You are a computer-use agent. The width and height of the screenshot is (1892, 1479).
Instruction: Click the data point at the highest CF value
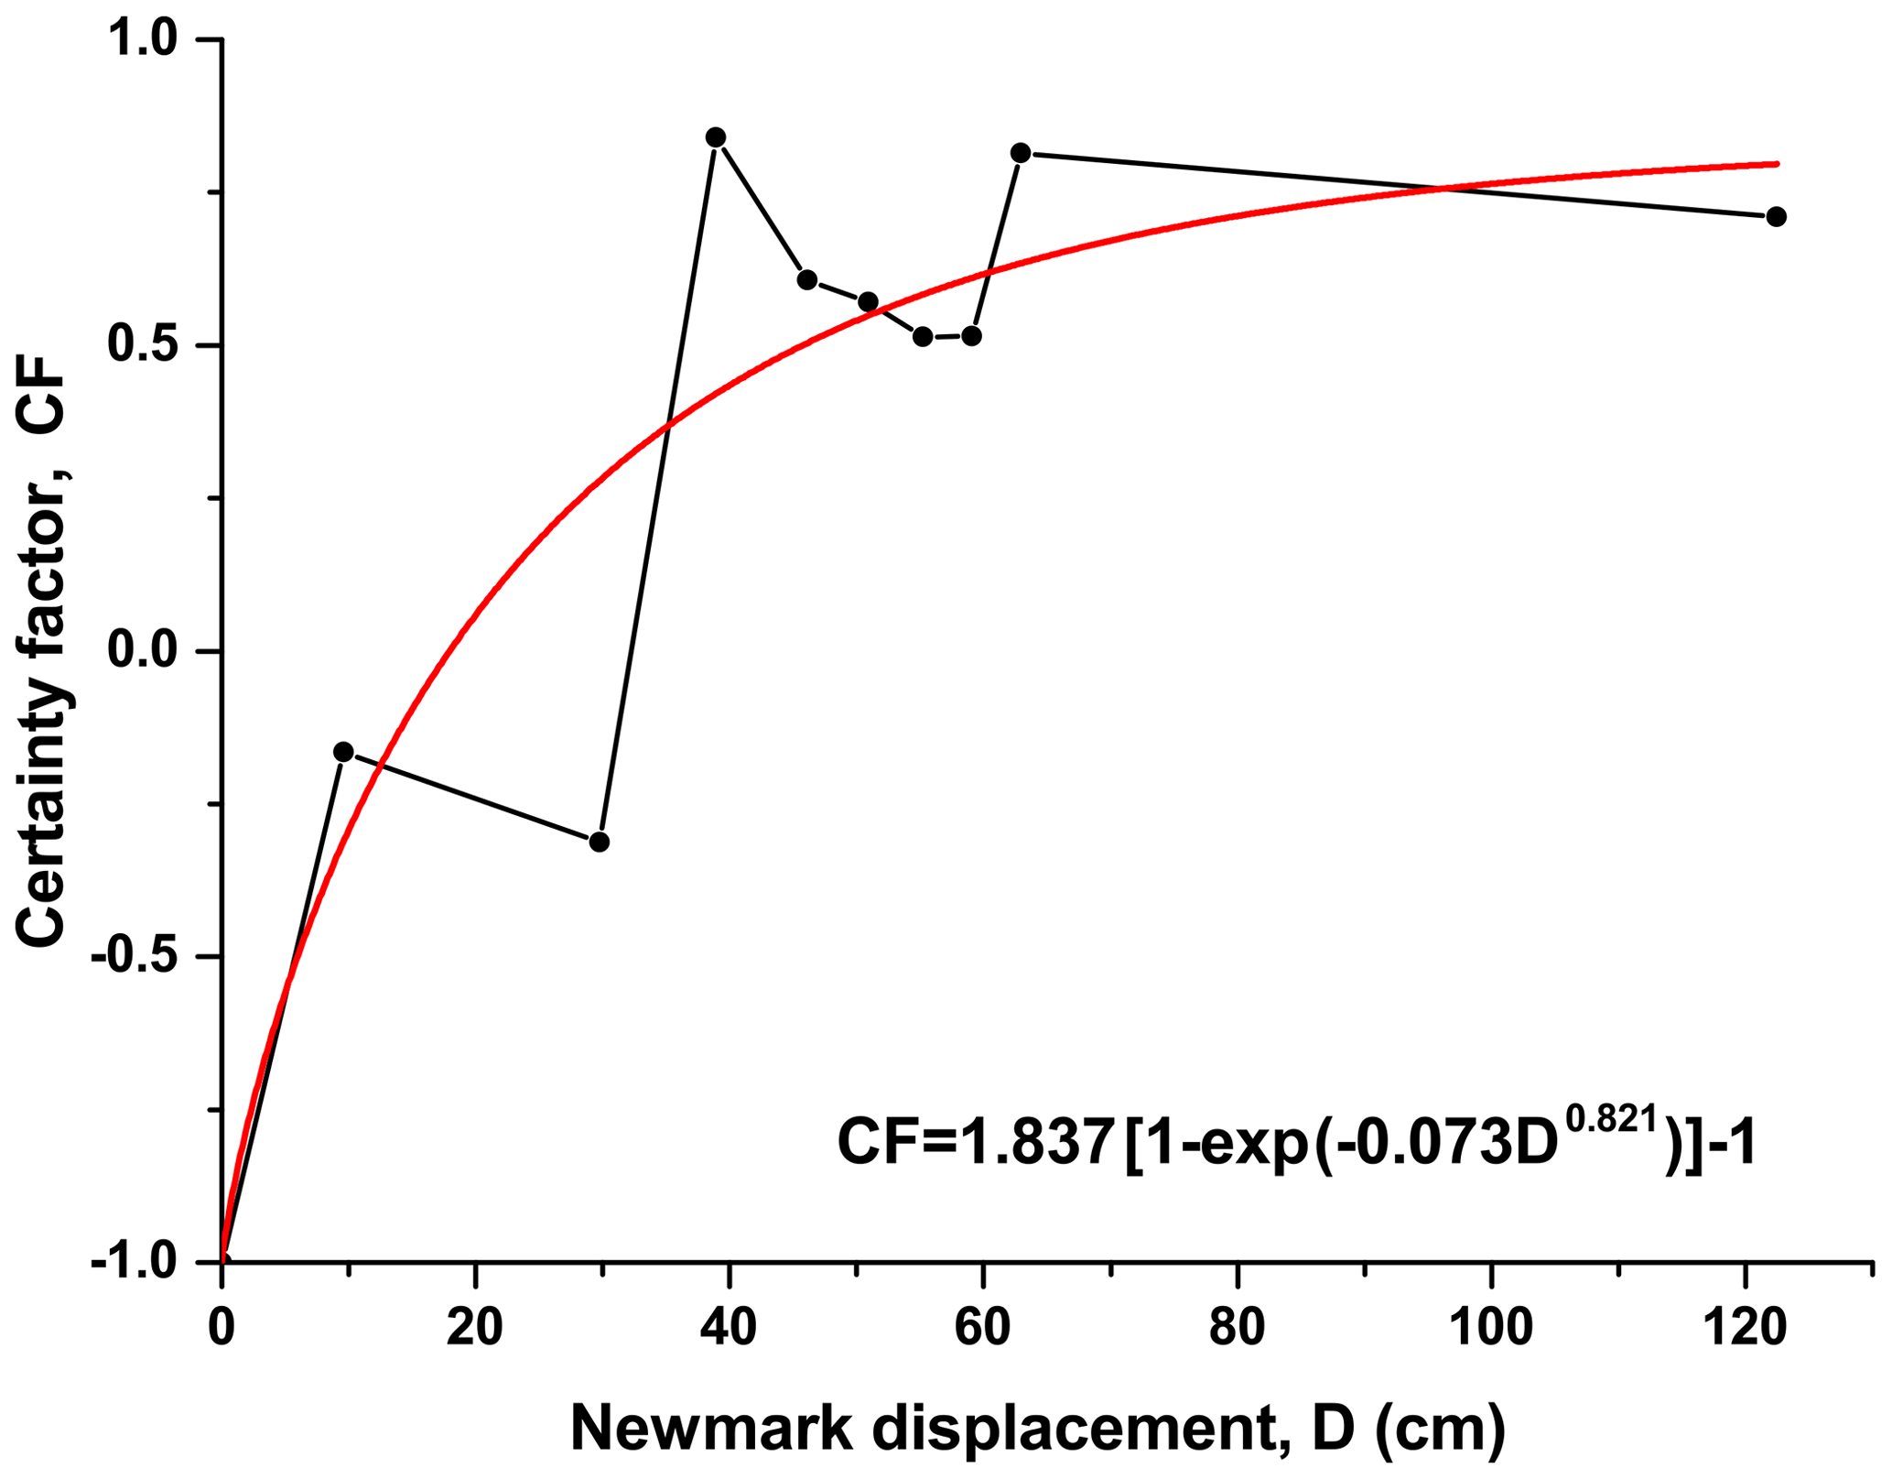pyautogui.click(x=716, y=137)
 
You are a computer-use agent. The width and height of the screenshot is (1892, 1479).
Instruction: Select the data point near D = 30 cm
pyautogui.click(x=600, y=842)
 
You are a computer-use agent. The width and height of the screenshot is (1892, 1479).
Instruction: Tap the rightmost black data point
pyautogui.click(x=1777, y=217)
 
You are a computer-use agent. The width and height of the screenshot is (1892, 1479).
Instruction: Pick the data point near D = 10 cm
pyautogui.click(x=343, y=752)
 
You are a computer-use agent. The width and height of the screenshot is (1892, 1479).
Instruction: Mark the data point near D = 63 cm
pyautogui.click(x=1021, y=153)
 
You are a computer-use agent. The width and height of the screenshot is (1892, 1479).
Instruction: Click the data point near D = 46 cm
pyautogui.click(x=807, y=279)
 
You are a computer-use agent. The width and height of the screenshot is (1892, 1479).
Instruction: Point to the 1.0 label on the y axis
pyautogui.click(x=146, y=41)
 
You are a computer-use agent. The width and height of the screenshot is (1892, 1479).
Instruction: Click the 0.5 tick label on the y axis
pyautogui.click(x=146, y=346)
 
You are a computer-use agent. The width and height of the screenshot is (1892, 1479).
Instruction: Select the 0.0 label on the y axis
pyautogui.click(x=146, y=651)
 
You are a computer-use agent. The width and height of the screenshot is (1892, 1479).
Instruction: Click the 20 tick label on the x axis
pyautogui.click(x=475, y=1328)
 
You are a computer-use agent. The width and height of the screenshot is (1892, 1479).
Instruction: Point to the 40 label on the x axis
pyautogui.click(x=729, y=1328)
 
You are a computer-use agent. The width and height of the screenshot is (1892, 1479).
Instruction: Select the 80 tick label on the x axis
pyautogui.click(x=1237, y=1328)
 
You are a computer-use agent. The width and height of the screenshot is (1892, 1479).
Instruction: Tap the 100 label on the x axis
pyautogui.click(x=1491, y=1328)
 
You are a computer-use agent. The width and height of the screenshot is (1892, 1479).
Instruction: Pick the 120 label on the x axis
pyautogui.click(x=1746, y=1328)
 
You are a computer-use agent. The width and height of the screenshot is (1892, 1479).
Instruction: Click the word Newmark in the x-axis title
pyautogui.click(x=714, y=1429)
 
